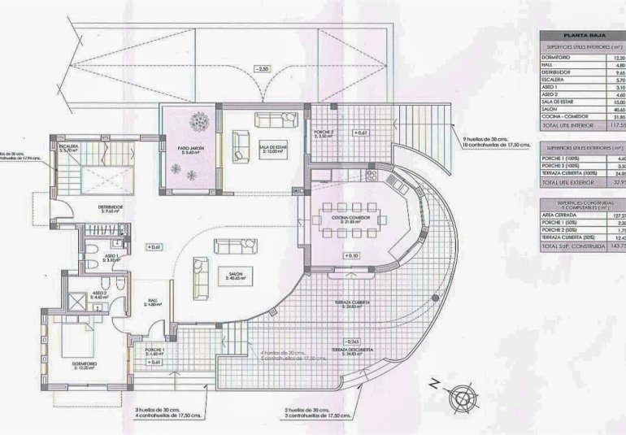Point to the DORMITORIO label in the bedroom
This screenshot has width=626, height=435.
click(x=85, y=363)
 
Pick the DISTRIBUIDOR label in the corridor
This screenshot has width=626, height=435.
click(x=111, y=207)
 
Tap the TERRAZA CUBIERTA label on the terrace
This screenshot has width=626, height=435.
click(x=352, y=302)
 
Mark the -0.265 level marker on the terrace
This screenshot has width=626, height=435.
click(x=352, y=341)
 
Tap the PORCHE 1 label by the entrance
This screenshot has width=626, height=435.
click(x=154, y=350)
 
